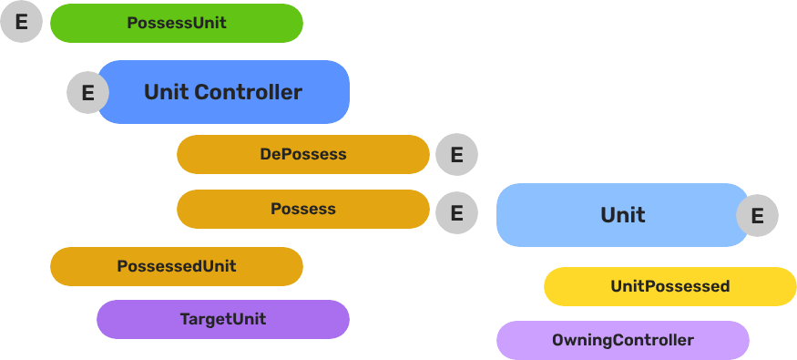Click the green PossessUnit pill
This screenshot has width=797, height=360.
click(x=176, y=23)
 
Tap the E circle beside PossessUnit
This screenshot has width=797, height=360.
click(x=21, y=22)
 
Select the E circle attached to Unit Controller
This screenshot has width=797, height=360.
click(x=87, y=93)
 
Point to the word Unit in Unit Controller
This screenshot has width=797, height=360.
click(x=166, y=92)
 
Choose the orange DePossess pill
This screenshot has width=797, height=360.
click(x=302, y=154)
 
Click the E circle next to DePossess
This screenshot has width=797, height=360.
click(x=456, y=155)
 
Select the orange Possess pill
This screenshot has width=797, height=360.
click(x=302, y=209)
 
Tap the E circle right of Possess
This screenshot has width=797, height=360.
click(x=456, y=213)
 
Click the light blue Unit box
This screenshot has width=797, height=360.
click(x=622, y=215)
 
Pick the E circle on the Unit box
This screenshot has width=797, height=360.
click(x=757, y=216)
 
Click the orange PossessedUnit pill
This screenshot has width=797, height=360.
click(x=176, y=266)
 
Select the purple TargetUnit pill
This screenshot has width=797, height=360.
click(x=222, y=319)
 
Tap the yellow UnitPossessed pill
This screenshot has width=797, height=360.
click(x=669, y=286)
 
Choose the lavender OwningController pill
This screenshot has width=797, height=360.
click(x=622, y=340)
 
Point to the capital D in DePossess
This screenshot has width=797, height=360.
click(x=265, y=154)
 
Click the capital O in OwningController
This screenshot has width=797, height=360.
click(x=557, y=340)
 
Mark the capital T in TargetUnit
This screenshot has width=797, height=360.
click(x=184, y=319)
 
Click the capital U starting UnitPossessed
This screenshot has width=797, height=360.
click(x=616, y=286)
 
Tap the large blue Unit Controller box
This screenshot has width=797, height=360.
click(x=222, y=92)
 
